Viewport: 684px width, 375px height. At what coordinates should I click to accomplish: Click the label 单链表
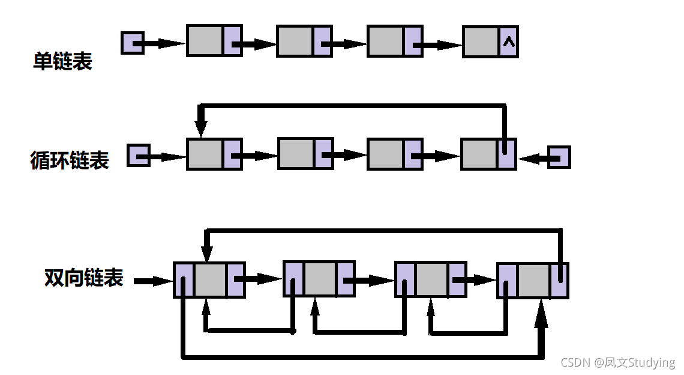(62, 62)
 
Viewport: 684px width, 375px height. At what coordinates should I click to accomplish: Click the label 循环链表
(70, 161)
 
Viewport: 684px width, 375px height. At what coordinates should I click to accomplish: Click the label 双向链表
(83, 278)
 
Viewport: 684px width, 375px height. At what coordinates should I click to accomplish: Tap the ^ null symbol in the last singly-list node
(509, 41)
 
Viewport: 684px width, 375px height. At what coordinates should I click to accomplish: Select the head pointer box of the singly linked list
(132, 43)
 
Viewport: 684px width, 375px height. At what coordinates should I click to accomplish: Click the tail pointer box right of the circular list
(559, 157)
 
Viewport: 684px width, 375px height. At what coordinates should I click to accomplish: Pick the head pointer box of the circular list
(138, 156)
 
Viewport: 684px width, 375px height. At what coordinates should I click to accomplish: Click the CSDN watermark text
(617, 362)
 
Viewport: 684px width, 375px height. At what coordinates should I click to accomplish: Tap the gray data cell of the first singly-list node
(205, 41)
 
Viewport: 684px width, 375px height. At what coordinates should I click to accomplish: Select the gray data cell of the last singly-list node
(481, 41)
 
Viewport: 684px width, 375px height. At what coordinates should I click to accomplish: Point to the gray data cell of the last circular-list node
(479, 154)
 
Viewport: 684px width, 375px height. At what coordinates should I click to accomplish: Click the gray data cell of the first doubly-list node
(210, 280)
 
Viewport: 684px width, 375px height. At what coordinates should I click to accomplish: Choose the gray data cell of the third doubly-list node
(431, 279)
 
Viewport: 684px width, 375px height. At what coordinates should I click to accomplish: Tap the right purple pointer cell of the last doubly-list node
(559, 280)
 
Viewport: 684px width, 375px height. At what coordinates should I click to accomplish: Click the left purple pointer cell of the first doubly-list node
(184, 280)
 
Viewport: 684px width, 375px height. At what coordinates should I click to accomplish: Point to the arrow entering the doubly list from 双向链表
(153, 281)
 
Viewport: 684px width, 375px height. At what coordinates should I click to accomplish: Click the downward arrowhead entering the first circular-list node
(201, 128)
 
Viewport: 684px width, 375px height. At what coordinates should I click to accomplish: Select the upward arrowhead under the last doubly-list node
(542, 312)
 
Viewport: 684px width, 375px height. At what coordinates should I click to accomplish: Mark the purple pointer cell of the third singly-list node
(412, 41)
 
